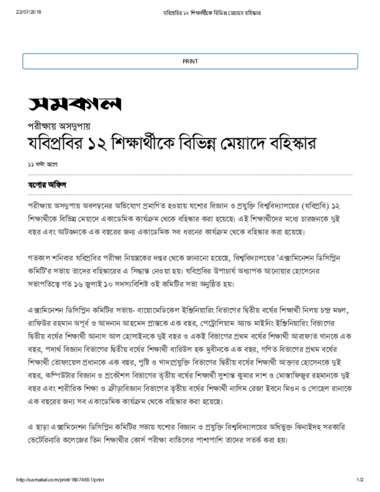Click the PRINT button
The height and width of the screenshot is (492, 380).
(190, 61)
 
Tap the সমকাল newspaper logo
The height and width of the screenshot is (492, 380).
(74, 103)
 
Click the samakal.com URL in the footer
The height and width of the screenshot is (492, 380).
(61, 480)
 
